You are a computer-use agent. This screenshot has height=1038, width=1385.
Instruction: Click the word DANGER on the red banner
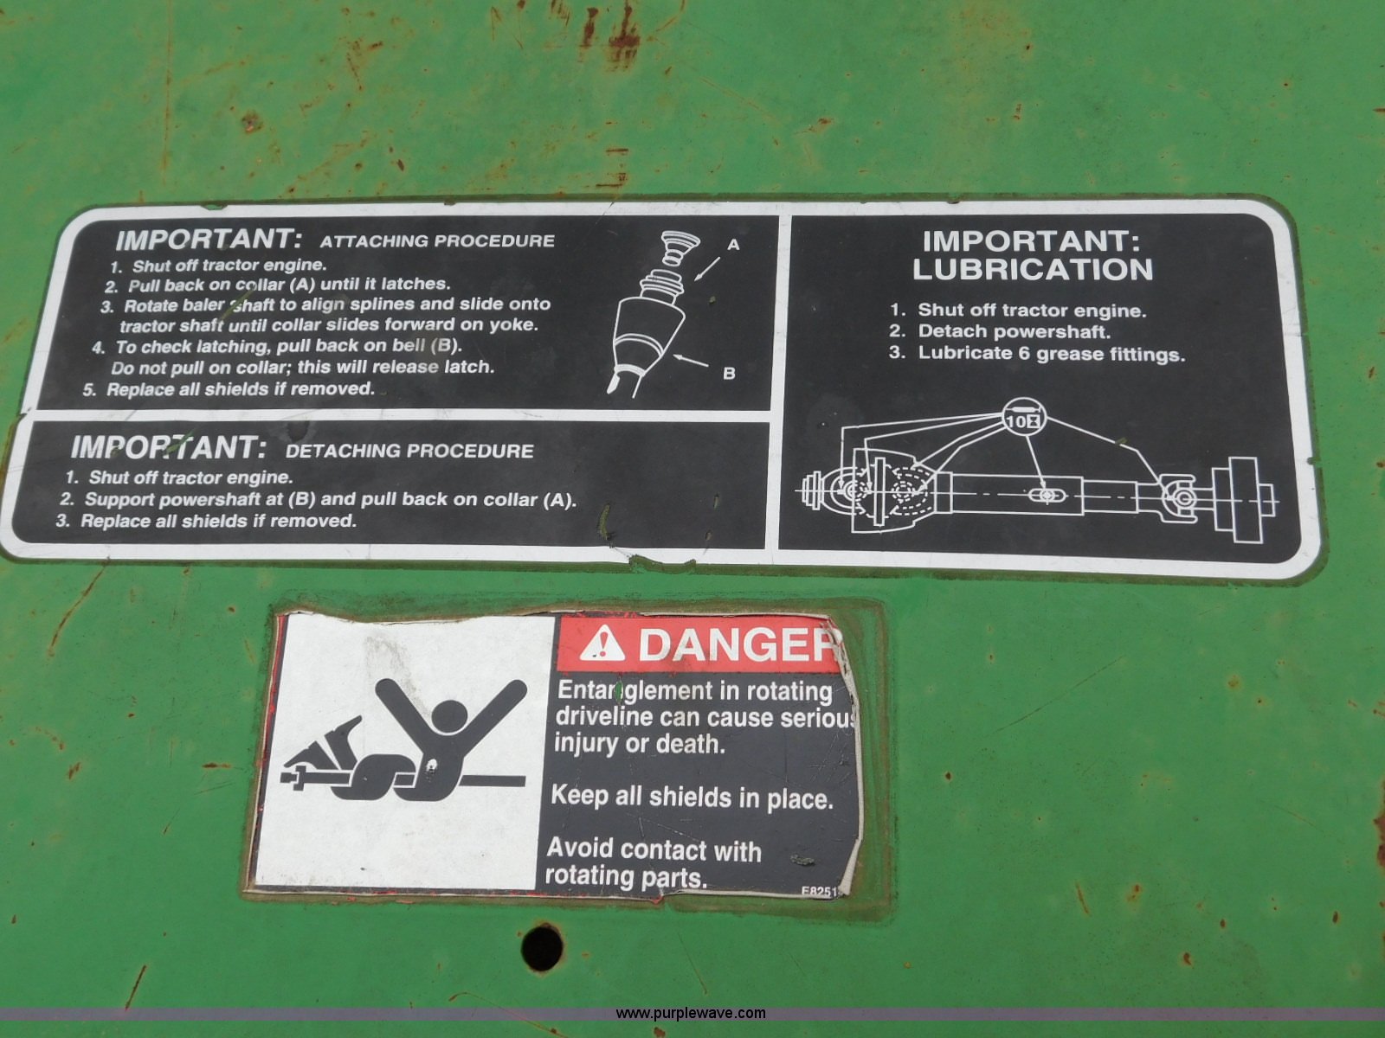pos(738,644)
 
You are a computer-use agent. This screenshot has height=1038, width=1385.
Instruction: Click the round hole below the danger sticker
pos(542,947)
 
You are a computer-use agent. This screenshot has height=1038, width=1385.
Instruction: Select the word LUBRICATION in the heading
pos(1033,270)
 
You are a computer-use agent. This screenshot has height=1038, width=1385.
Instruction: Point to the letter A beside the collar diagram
pos(732,245)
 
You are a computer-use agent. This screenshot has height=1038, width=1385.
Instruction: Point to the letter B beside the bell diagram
pos(729,373)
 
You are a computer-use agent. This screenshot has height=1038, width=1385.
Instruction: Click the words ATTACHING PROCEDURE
pos(437,240)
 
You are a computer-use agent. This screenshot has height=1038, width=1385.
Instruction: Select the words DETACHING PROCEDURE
pos(409,452)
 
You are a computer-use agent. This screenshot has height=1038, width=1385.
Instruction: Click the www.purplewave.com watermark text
pos(690,1014)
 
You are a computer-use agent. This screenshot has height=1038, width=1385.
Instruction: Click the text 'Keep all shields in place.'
pos(692,798)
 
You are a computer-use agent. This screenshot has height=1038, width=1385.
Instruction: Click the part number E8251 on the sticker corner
pos(821,891)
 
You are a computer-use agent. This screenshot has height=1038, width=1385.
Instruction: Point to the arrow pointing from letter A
pos(706,268)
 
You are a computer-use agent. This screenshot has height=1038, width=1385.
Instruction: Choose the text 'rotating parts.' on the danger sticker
pos(625,876)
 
